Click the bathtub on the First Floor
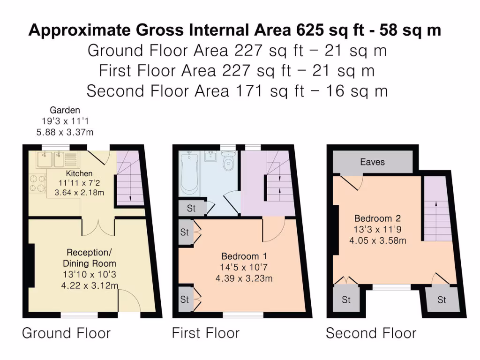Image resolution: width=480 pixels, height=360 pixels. (190, 173)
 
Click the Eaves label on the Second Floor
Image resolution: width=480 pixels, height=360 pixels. (372, 162)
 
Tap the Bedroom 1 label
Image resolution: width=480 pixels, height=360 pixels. (244, 256)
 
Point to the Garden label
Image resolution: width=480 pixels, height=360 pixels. (65, 111)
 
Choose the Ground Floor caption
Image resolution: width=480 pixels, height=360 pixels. (66, 333)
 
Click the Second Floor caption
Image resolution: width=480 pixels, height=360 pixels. (371, 333)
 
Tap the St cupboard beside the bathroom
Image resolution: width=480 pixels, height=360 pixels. (191, 209)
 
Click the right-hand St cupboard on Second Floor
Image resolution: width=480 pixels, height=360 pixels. (442, 300)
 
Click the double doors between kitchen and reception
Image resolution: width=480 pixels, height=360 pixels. (97, 227)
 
